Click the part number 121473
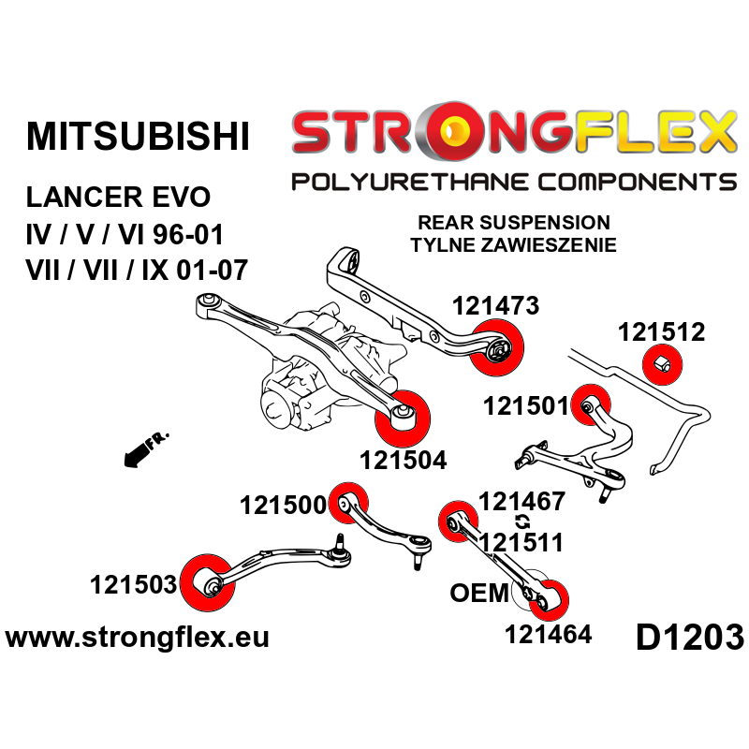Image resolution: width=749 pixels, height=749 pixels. (495, 306)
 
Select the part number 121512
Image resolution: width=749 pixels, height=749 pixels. (661, 333)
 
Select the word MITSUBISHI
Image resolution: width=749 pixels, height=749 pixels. (138, 136)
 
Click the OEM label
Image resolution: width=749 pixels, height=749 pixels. (479, 593)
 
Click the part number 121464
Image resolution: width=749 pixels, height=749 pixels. (548, 634)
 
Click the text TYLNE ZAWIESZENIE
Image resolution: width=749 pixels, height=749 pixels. (513, 245)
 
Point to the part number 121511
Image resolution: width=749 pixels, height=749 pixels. (521, 542)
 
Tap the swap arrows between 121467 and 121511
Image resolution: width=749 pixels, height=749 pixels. (521, 521)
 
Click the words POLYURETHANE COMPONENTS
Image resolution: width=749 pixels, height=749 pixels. (513, 181)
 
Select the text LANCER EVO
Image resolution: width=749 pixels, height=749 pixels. (118, 198)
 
